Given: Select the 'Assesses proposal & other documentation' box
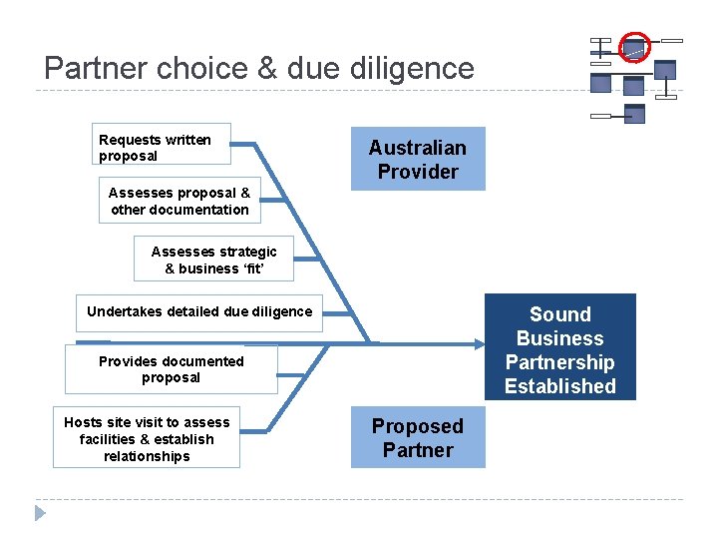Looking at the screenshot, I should click(x=179, y=201).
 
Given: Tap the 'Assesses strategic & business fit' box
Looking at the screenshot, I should click(x=213, y=260).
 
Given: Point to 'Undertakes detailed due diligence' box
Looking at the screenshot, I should click(x=199, y=311).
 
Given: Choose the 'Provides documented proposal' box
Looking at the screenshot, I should click(x=171, y=369).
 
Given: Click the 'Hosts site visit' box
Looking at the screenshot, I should click(x=147, y=439).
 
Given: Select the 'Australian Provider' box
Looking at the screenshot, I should click(x=417, y=159).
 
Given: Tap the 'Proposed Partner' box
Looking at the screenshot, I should click(x=417, y=438).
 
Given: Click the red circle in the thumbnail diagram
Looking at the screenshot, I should click(x=634, y=46).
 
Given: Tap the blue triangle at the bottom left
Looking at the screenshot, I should click(x=40, y=513).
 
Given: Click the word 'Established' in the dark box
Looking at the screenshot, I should click(x=559, y=386).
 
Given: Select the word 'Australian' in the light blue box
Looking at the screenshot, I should click(x=417, y=148).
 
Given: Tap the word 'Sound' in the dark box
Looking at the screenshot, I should click(x=559, y=314).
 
